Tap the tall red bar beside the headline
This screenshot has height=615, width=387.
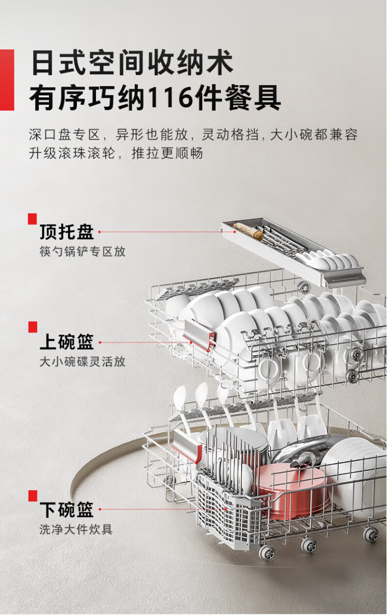click(7, 79)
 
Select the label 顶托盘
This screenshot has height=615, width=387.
click(67, 232)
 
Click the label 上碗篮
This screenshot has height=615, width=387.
click(67, 342)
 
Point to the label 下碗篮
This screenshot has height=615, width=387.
click(67, 509)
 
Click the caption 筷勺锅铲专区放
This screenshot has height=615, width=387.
click(83, 252)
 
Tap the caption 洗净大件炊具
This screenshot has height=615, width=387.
click(76, 529)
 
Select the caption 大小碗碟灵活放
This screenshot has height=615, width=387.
click(83, 361)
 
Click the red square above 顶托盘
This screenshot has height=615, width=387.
click(32, 219)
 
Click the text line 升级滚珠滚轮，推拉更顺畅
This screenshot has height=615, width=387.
click(116, 153)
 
